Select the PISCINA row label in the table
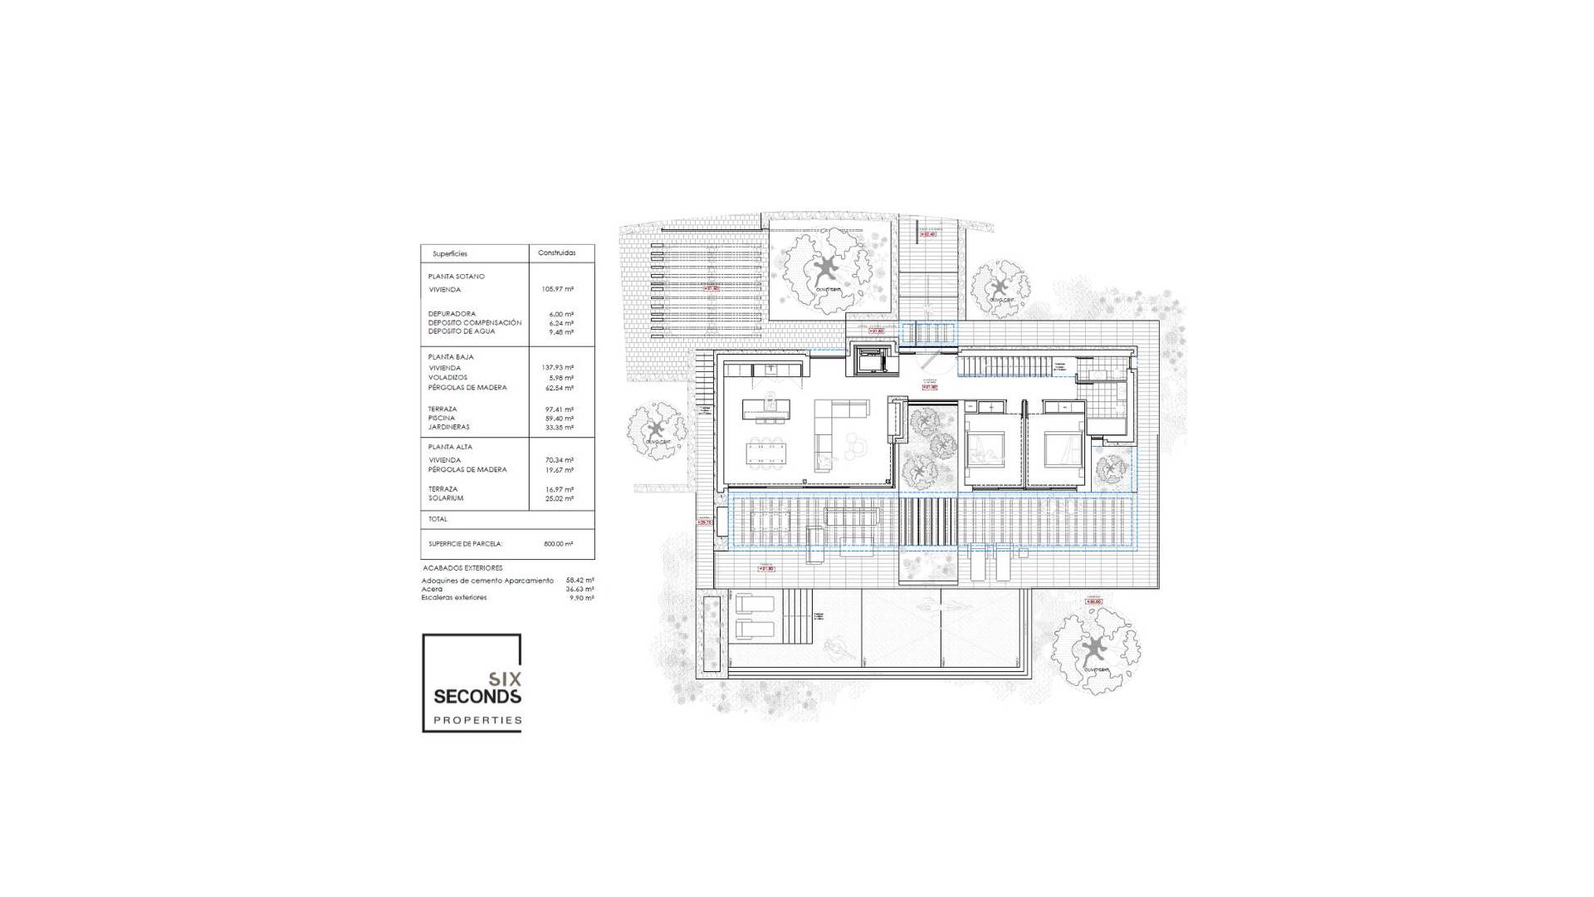click(x=442, y=418)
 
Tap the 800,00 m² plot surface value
click(x=559, y=543)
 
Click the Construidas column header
click(x=555, y=252)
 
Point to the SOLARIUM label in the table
click(x=446, y=498)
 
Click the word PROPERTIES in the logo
click(x=477, y=720)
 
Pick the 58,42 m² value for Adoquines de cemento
click(x=579, y=581)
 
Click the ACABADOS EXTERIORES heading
click(x=462, y=568)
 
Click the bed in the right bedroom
click(x=1058, y=448)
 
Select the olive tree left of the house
click(x=656, y=429)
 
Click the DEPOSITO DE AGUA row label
click(x=462, y=331)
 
